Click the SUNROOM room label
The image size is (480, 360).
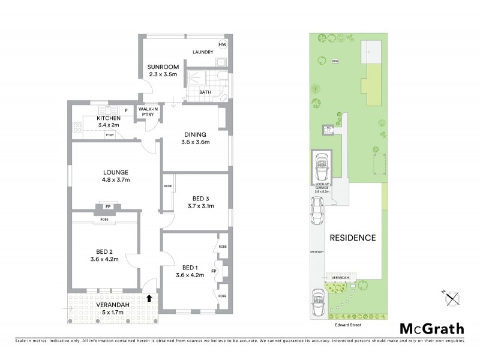coord(161,69)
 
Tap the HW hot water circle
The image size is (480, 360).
coord(222,45)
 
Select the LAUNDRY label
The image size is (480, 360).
coord(203,52)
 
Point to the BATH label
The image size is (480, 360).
coord(205,92)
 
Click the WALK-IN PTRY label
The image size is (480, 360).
coord(148,112)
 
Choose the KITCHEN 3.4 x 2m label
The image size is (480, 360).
coord(109,122)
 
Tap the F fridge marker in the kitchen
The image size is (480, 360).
coord(126,110)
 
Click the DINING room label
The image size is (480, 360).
coord(196,137)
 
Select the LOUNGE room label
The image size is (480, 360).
coord(116,175)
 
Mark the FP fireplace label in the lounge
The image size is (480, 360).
coord(108,207)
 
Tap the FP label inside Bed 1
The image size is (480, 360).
coord(214,271)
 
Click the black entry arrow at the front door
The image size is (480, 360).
coord(149,297)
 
